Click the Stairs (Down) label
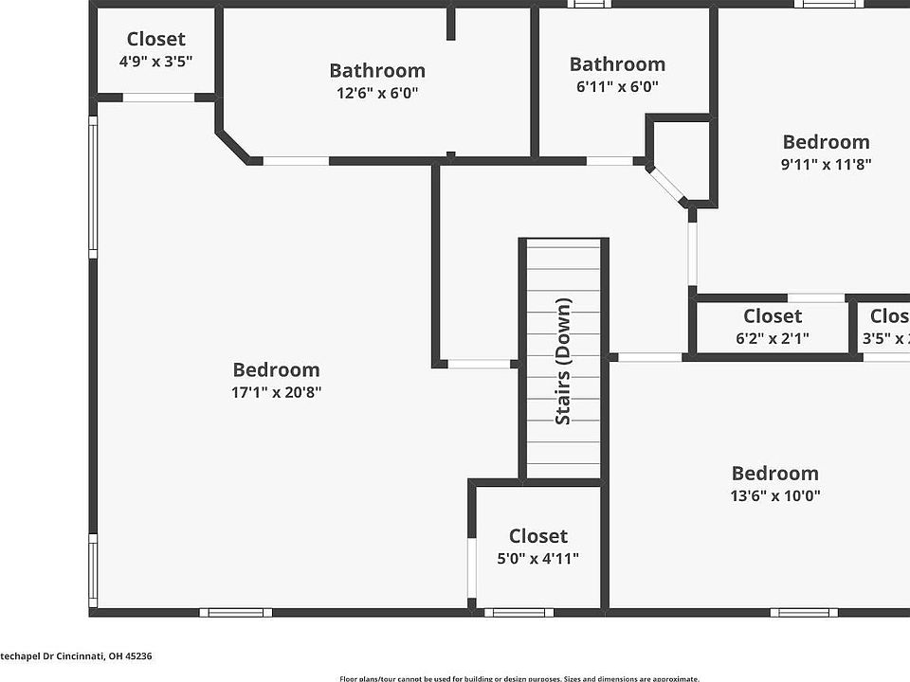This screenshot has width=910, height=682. coord(563,361)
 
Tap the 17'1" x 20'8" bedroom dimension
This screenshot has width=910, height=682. coord(277,392)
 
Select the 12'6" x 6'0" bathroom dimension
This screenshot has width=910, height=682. coord(377,93)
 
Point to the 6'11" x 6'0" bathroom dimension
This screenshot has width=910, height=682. coord(617,86)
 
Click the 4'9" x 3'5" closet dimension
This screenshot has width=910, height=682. coord(155,62)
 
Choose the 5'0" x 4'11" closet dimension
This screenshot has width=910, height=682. coord(537,558)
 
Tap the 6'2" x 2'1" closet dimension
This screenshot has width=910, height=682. coord(773,338)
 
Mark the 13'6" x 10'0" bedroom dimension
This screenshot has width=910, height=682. coord(775,495)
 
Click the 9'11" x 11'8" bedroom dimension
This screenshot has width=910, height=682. coord(826,164)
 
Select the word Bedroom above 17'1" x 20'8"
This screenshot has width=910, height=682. coord(277,369)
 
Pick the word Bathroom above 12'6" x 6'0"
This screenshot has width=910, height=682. coord(377,70)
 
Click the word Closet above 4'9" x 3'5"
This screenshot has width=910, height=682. coord(156,39)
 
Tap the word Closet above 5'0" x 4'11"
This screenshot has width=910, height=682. coord(538,535)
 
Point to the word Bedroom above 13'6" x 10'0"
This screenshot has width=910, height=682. coord(775,473)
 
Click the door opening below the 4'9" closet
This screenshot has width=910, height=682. coord(158,97)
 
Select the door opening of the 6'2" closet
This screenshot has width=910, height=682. coord(816,297)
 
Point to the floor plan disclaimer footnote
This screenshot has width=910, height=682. coord(519,678)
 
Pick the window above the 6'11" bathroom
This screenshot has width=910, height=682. coord(589,4)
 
